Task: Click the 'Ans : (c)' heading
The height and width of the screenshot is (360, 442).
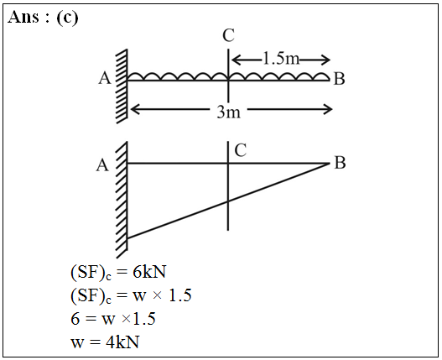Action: click(x=43, y=18)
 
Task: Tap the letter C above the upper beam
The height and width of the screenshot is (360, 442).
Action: click(x=228, y=36)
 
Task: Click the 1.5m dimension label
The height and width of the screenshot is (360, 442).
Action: click(x=281, y=59)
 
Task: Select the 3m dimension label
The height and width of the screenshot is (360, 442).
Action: click(x=229, y=112)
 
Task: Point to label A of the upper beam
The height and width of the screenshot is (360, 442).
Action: click(x=105, y=78)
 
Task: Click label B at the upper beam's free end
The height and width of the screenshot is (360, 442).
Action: click(x=340, y=79)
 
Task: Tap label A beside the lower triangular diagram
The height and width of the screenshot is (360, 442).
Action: click(x=102, y=165)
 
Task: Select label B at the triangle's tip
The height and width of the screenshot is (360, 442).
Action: click(x=340, y=163)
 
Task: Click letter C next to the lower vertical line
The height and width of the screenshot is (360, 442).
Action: click(x=241, y=150)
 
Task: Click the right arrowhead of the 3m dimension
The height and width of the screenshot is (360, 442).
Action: click(x=330, y=109)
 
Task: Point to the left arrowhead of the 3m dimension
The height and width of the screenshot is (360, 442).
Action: click(x=134, y=109)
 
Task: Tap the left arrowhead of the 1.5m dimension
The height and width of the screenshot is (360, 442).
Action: click(x=235, y=60)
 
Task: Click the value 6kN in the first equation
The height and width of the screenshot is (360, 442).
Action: click(x=149, y=272)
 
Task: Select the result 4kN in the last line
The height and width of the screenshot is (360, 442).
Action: click(x=122, y=342)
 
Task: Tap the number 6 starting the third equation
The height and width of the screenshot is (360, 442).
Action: click(x=75, y=319)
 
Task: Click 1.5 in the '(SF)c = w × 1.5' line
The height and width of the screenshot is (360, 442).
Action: click(x=179, y=295)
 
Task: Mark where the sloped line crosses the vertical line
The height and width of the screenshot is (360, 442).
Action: click(x=228, y=201)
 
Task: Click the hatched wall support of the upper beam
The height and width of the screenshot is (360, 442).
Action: click(x=122, y=86)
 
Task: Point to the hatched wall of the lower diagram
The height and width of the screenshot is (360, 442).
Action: click(x=122, y=200)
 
